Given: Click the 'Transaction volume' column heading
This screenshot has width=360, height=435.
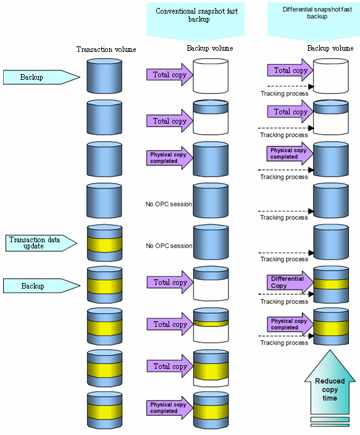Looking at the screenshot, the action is [106, 49].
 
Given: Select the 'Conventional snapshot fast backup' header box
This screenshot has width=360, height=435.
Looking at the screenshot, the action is [196, 19].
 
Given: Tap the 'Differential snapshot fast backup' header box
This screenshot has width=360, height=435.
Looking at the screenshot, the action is [314, 19].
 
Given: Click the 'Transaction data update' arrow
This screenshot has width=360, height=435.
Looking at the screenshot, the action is [41, 243].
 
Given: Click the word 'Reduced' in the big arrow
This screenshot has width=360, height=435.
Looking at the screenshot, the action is [330, 381].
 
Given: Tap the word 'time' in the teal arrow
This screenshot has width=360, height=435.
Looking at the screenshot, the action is [330, 398].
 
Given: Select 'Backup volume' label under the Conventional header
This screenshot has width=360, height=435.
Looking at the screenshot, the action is [210, 48].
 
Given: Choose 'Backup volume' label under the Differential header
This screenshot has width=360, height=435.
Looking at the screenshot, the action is [330, 48].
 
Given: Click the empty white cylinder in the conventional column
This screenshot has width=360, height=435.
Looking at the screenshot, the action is [211, 76].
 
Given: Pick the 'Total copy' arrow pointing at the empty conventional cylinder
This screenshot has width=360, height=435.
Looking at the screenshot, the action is [170, 75].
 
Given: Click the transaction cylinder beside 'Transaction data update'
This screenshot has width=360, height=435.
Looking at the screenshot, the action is [104, 243].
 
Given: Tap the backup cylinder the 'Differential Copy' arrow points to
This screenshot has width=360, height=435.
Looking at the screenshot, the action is [331, 284].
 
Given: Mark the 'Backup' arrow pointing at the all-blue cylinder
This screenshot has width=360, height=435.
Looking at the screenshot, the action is [41, 77].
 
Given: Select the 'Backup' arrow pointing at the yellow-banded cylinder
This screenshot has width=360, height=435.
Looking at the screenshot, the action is [41, 285].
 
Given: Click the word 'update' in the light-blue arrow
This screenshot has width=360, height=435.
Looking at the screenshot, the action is [33, 247].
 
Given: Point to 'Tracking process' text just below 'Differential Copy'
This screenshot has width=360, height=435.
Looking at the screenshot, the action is [284, 302].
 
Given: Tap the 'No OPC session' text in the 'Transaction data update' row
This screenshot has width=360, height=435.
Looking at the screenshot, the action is [169, 246].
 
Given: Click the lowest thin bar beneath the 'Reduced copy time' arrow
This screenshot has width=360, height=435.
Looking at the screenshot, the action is [330, 425].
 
